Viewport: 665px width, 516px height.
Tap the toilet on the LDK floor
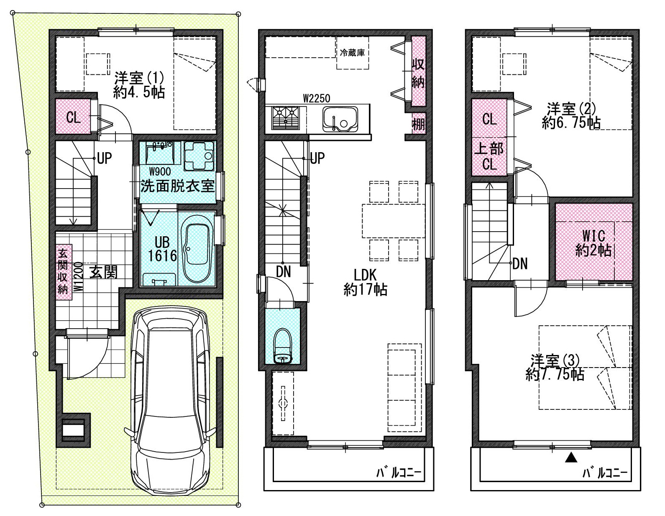coord(282,346)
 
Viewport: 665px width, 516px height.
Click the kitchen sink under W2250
coord(340,120)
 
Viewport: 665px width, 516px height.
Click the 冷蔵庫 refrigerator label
coord(352,53)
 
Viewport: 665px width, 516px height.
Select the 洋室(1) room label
coord(139,85)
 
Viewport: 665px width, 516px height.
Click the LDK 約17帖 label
coord(365,282)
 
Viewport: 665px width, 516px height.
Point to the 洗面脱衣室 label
coord(177,186)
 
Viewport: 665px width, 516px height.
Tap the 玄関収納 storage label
coord(63,272)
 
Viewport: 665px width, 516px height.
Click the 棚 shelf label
coord(418,124)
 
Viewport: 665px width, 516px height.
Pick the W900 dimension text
coord(159,171)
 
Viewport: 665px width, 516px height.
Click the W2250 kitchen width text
coord(317,98)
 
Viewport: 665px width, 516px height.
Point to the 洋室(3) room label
coord(555,367)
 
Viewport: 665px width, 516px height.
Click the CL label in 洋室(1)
coord(74,117)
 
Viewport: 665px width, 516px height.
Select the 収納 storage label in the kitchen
coord(418,73)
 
